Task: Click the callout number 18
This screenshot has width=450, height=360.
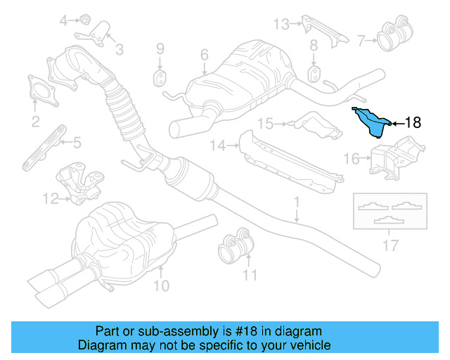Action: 412,123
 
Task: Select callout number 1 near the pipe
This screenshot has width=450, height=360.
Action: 297,201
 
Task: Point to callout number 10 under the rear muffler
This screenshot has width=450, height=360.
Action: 162,286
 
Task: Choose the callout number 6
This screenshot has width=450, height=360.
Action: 204,54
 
